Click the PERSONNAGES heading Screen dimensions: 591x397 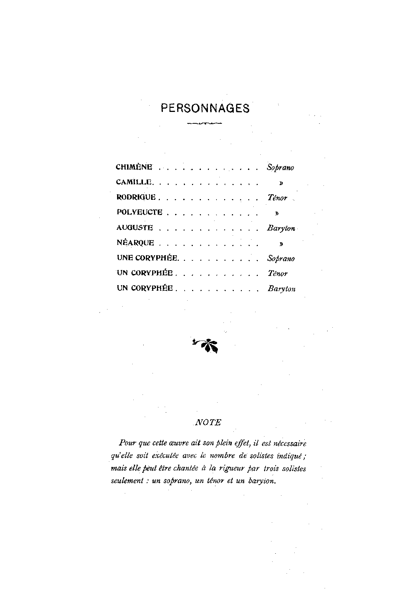205,108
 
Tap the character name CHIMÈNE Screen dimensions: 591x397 134,167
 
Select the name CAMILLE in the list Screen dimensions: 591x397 134,182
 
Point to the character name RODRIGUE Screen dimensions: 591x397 136,197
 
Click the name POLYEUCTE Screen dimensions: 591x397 140,212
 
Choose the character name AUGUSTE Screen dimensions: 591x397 135,228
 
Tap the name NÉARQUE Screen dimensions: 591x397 136,243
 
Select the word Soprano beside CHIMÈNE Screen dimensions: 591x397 281,168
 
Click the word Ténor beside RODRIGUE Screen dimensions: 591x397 277,198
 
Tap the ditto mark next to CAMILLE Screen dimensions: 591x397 281,183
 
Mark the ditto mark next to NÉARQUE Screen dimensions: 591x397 281,244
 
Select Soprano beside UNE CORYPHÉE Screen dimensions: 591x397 281,259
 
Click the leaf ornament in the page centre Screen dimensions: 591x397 206,345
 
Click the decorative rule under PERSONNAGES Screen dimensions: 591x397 204,123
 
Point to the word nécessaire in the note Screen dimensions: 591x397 290,443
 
